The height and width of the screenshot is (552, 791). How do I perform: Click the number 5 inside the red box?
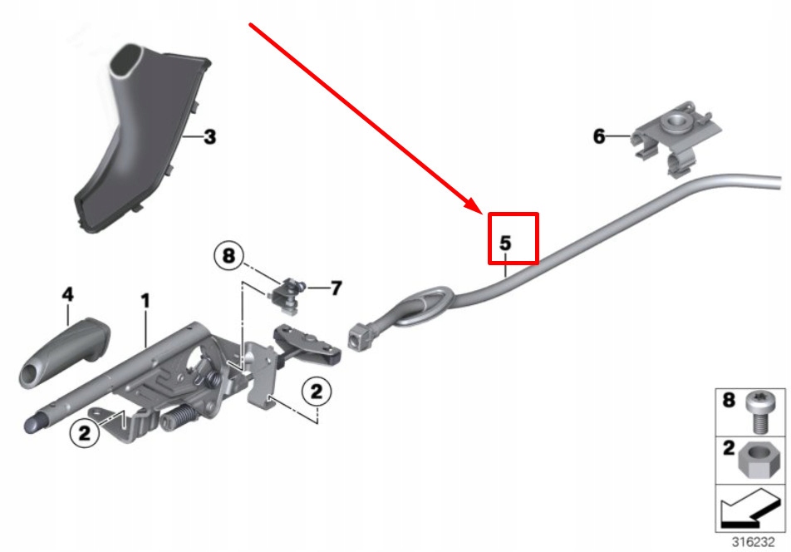pos(504,244)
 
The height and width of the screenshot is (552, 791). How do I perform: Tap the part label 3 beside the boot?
pos(209,136)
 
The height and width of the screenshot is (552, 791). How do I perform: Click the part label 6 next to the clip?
pos(599,136)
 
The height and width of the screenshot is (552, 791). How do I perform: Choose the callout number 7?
pos(336,288)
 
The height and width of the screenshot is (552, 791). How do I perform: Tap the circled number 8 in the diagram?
pos(230,256)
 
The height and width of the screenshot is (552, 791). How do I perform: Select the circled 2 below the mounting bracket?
pos(317,391)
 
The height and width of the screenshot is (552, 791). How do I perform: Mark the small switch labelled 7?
pos(288,291)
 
